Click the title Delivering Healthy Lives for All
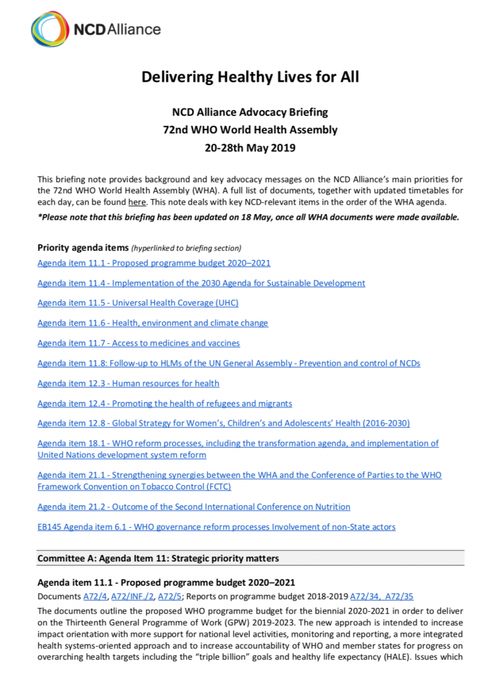click(250, 77)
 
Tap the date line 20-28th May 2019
click(250, 148)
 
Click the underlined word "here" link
click(136, 202)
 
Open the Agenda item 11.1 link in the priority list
click(154, 263)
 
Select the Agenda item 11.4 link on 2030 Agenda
click(201, 283)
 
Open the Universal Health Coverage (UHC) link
click(138, 303)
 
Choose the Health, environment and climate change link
click(153, 322)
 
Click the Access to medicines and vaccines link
click(139, 343)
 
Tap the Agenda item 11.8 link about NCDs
click(229, 363)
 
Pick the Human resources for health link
click(128, 383)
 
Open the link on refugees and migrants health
click(165, 403)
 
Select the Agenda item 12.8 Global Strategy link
click(223, 423)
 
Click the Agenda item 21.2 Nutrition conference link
click(194, 506)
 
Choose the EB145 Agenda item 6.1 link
click(216, 527)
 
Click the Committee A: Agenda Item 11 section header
click(158, 559)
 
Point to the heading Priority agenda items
click(83, 248)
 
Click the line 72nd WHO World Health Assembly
click(250, 130)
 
